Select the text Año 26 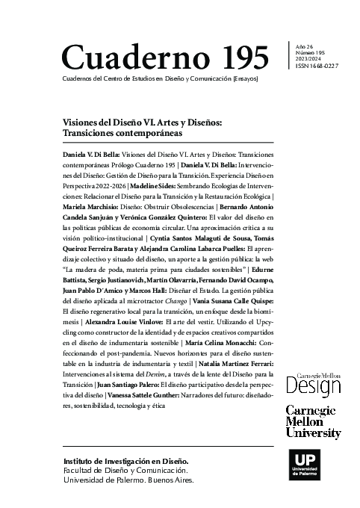pyautogui.click(x=305, y=46)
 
